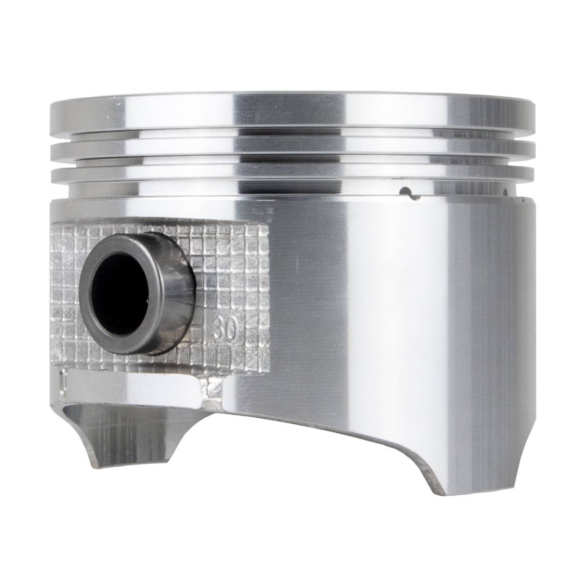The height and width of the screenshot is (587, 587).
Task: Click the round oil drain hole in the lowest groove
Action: click(x=406, y=191)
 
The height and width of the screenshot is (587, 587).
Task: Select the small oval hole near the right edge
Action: click(x=506, y=192)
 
